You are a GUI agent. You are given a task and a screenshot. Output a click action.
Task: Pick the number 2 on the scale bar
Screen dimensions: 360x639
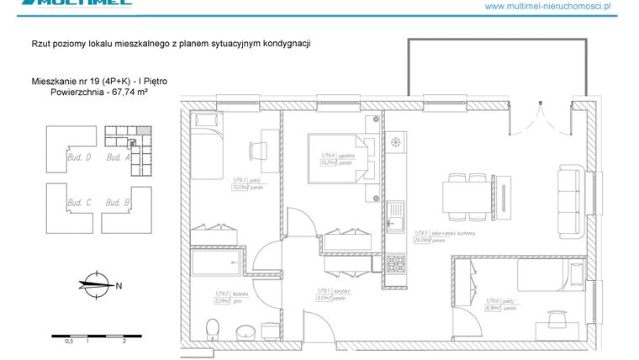pos(124,341)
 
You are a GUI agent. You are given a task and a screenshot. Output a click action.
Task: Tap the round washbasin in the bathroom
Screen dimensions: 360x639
pos(246,331)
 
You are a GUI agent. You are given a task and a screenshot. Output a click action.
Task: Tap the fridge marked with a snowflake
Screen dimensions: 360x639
pos(395,141)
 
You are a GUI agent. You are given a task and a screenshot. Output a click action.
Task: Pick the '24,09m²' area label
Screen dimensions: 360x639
pos(421,240)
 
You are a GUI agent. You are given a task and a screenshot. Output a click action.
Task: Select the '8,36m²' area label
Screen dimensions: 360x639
pos(494,308)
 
